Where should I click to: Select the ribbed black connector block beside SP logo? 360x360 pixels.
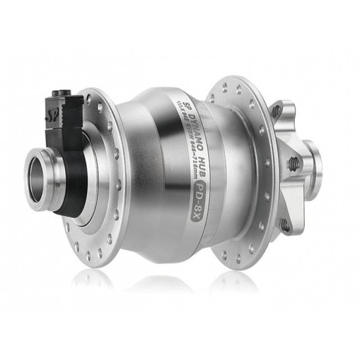(x=72, y=111)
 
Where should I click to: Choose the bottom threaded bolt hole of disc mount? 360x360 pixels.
(x=285, y=224)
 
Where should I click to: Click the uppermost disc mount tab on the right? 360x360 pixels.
(x=281, y=110)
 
